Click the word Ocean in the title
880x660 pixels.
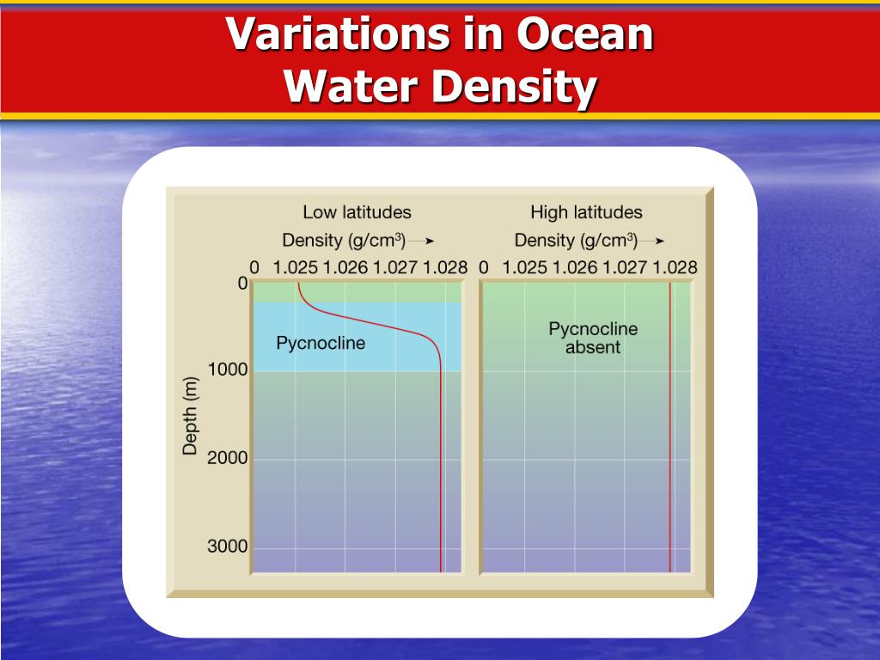point(585,35)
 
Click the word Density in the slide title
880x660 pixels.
point(515,88)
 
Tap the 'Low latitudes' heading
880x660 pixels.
point(357,211)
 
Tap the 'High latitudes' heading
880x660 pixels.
point(586,211)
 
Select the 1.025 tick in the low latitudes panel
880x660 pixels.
point(296,267)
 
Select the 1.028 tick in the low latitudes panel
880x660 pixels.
point(445,267)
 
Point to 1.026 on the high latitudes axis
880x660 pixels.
point(575,267)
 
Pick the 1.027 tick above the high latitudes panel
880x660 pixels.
point(625,267)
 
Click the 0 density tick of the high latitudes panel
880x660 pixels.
point(483,267)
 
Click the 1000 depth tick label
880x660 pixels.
point(227,370)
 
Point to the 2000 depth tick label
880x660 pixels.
point(227,458)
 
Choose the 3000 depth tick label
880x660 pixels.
point(227,547)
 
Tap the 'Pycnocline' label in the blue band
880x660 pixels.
point(321,343)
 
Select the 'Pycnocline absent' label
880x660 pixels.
point(593,338)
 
